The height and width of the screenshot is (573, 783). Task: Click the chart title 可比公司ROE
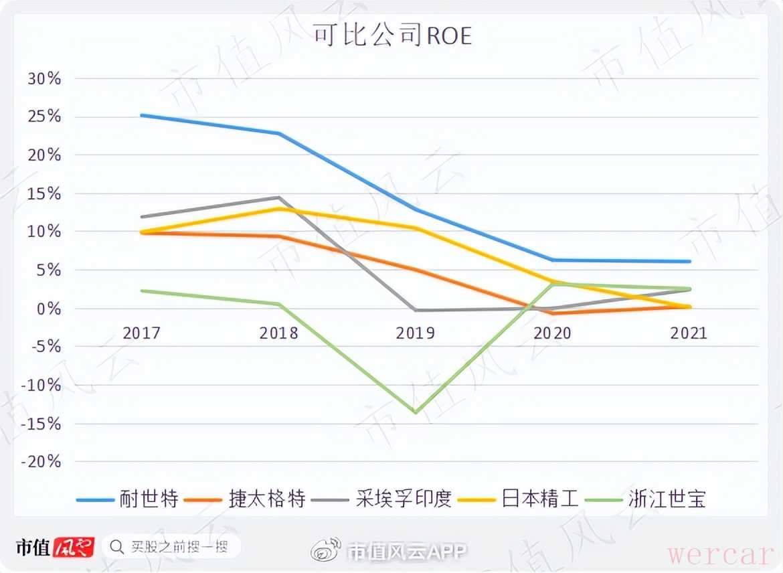(393, 35)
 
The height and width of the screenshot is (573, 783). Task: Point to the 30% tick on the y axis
(44, 79)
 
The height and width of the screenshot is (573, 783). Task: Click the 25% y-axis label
(44, 117)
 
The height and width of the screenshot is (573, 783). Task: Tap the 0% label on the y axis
(49, 309)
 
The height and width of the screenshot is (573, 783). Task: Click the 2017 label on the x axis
(141, 333)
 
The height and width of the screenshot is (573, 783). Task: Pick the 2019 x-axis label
(416, 333)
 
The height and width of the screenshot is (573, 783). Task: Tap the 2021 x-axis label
(689, 333)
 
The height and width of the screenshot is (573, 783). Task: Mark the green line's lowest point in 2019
(416, 412)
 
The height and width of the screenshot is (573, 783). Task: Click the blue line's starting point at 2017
(141, 115)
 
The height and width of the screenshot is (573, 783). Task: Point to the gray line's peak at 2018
(278, 197)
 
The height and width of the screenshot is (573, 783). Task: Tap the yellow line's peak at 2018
(278, 209)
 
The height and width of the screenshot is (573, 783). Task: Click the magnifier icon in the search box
(116, 547)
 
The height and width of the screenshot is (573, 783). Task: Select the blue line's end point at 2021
(689, 261)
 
